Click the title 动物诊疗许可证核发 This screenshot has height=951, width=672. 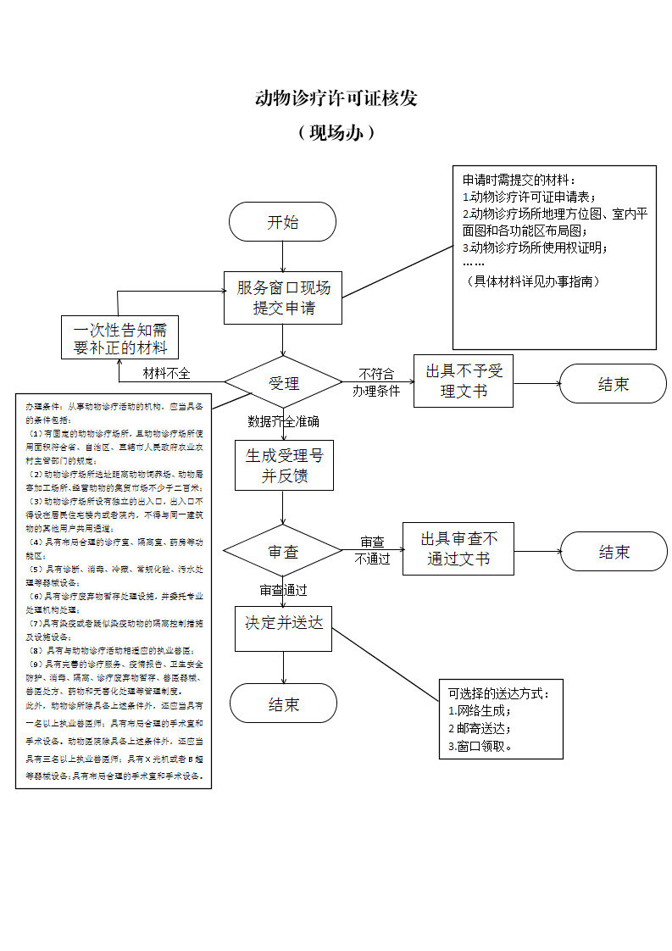pos(336,98)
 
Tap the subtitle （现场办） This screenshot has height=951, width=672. pos(336,133)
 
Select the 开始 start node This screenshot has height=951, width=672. pos(282,222)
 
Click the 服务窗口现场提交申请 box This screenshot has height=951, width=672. pos(283,298)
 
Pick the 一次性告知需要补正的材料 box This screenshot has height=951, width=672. pos(119,338)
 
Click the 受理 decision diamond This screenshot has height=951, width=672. pos(283,383)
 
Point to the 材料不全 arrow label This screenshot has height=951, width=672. pos(166,373)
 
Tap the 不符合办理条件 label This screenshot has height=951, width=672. pos(376,382)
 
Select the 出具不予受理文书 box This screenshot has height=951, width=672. pos(464,381)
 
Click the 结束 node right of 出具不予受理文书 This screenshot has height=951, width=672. pos(613,384)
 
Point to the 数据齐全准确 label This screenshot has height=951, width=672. pos(283,421)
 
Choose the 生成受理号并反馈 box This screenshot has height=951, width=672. pos(283,465)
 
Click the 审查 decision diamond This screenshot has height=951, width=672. pos(283,552)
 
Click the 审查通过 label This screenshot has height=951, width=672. pos(283,590)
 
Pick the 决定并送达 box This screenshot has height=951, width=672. pos(283,624)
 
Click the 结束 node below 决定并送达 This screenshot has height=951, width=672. pos(283,704)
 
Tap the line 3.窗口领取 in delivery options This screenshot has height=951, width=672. pos(481,746)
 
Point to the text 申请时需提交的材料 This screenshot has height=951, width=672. pos(519,181)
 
